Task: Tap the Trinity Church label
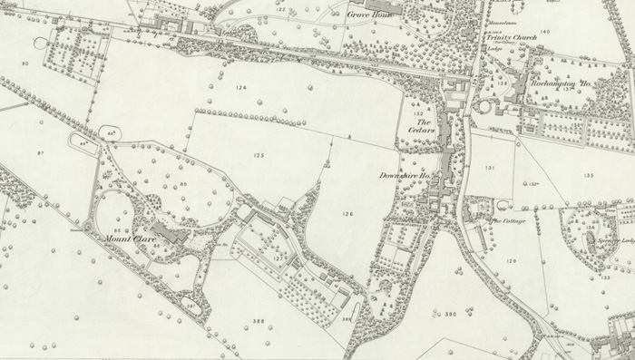[499, 38]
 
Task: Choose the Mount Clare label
[126, 238]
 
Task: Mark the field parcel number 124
[239, 87]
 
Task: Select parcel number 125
[259, 157]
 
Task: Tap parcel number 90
[25, 63]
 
